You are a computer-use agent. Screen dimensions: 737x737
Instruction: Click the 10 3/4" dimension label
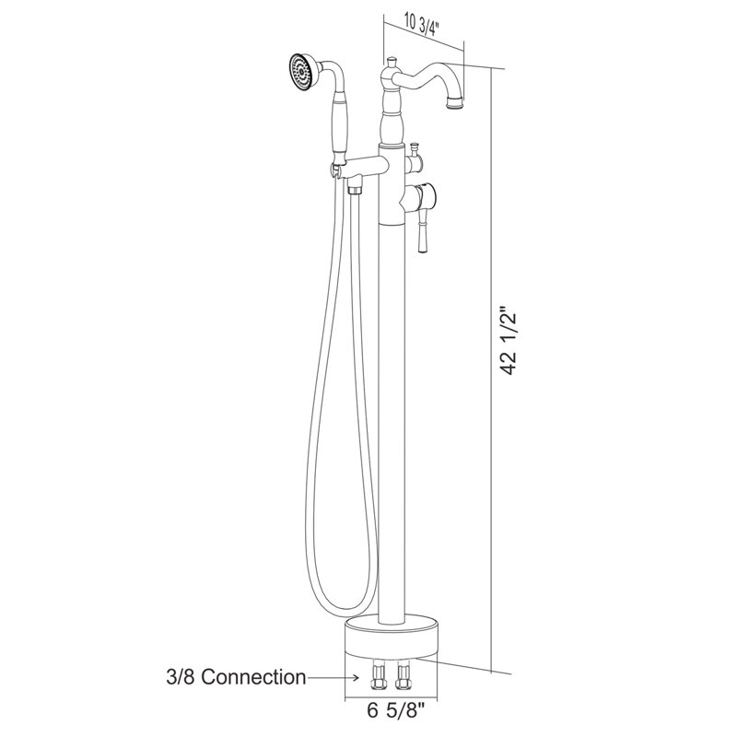pyautogui.click(x=421, y=29)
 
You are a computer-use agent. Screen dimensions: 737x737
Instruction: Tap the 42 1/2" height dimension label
pyautogui.click(x=509, y=341)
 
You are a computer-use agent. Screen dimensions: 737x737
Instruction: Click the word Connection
pyautogui.click(x=254, y=677)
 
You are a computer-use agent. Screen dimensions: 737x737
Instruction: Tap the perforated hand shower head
pyautogui.click(x=302, y=72)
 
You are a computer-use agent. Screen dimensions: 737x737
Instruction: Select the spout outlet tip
pyautogui.click(x=456, y=103)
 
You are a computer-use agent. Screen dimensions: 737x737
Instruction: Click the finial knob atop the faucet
pyautogui.click(x=392, y=64)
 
